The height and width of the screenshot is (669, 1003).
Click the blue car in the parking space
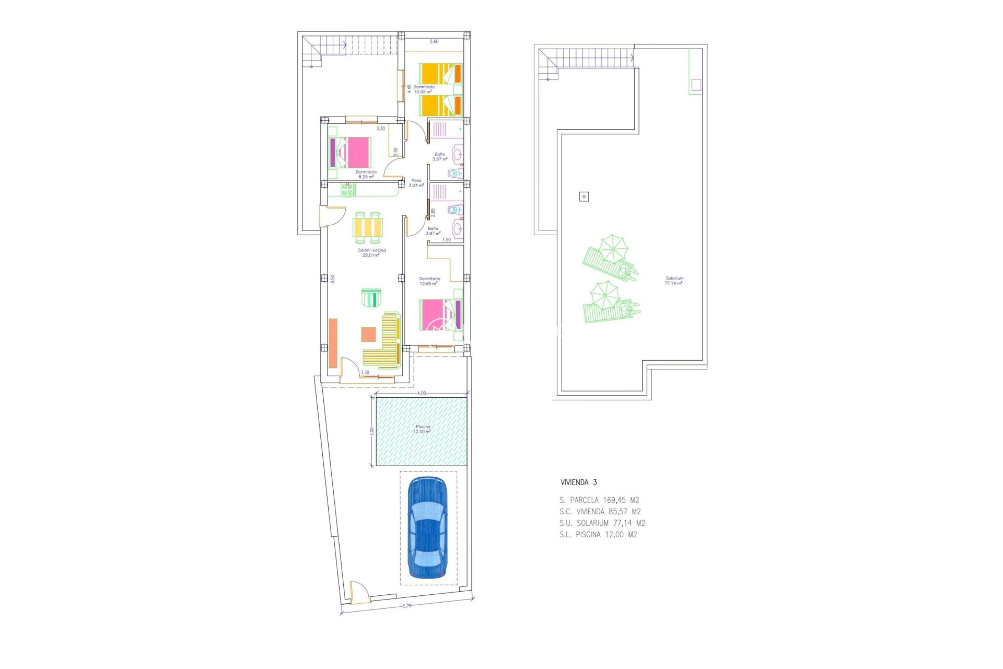427,528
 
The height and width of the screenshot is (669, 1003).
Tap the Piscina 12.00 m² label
423,429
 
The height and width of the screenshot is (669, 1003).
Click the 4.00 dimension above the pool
422,393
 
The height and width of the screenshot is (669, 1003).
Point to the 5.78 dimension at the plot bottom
407,606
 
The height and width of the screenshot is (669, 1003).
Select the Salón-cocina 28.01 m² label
371,252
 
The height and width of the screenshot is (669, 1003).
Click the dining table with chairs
368,228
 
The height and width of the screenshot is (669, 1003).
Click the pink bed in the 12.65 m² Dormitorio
437,314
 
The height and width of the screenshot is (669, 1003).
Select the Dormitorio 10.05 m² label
423,89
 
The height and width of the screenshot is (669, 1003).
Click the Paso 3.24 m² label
416,182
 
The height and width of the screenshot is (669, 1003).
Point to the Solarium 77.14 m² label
674,281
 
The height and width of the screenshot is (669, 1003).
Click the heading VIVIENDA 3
578,482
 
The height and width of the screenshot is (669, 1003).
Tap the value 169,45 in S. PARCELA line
614,500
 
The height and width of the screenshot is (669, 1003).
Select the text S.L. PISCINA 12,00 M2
598,535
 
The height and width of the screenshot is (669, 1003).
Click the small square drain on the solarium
584,197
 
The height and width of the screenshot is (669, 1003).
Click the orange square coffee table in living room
368,334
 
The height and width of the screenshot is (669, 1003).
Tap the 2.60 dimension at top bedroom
434,41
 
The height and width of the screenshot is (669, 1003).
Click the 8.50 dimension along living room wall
332,279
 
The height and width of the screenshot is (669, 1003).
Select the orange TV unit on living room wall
333,343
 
